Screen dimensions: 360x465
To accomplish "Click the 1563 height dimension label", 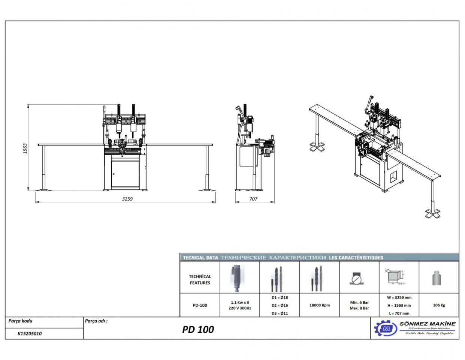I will (25, 148).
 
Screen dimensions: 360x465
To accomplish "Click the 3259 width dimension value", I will (127, 199).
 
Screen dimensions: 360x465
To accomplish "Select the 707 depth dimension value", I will (254, 199).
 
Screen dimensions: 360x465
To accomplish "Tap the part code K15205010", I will (30, 333).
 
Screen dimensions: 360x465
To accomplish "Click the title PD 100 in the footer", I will (198, 329).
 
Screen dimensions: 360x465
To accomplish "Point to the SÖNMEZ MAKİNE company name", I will (428, 323).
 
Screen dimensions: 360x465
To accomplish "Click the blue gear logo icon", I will (385, 328).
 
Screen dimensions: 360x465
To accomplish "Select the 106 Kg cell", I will (439, 305).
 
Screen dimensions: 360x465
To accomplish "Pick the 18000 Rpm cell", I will (319, 305).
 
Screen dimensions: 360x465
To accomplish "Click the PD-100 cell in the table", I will (200, 305).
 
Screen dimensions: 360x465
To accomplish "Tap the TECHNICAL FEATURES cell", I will (200, 279).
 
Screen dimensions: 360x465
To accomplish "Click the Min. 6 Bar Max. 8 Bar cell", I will (359, 305).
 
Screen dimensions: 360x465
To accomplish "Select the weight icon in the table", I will (437, 277).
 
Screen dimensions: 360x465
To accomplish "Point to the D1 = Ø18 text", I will (280, 297).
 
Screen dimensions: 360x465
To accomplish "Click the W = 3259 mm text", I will (399, 297).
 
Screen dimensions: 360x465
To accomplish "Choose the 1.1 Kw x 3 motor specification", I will (240, 302).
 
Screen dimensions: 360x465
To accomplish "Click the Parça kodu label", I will (21, 321).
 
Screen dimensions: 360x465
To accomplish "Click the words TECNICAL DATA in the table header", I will (200, 258).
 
